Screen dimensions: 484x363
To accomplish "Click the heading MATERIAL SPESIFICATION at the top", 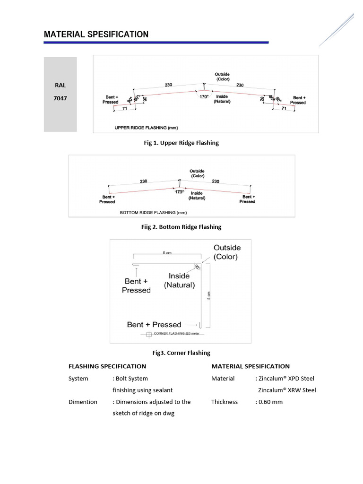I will (x=96, y=35).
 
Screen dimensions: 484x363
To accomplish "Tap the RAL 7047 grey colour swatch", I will (x=60, y=95).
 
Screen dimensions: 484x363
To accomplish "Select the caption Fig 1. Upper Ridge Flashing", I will (x=181, y=143).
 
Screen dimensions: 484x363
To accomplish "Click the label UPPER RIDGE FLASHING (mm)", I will (x=146, y=128).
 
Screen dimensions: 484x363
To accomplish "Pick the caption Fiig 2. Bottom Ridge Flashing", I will (x=181, y=227).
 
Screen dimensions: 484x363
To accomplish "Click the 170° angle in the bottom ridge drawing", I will (x=179, y=192).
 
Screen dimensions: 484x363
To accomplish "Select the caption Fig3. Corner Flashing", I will (x=181, y=353).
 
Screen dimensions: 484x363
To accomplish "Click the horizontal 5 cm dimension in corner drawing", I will (x=167, y=253).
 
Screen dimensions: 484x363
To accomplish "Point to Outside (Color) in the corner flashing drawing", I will (x=227, y=252).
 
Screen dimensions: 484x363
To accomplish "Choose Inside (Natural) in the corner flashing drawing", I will (x=179, y=280).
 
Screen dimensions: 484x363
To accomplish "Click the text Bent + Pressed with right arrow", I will (x=154, y=325).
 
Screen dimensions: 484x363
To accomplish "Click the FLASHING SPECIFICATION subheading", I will (x=107, y=366).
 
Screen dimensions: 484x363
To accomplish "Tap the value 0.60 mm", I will (x=271, y=402).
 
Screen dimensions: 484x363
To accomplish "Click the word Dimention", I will (x=83, y=402).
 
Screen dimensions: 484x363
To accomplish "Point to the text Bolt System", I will (x=132, y=379).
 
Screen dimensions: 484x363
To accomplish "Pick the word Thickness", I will (x=225, y=402).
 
